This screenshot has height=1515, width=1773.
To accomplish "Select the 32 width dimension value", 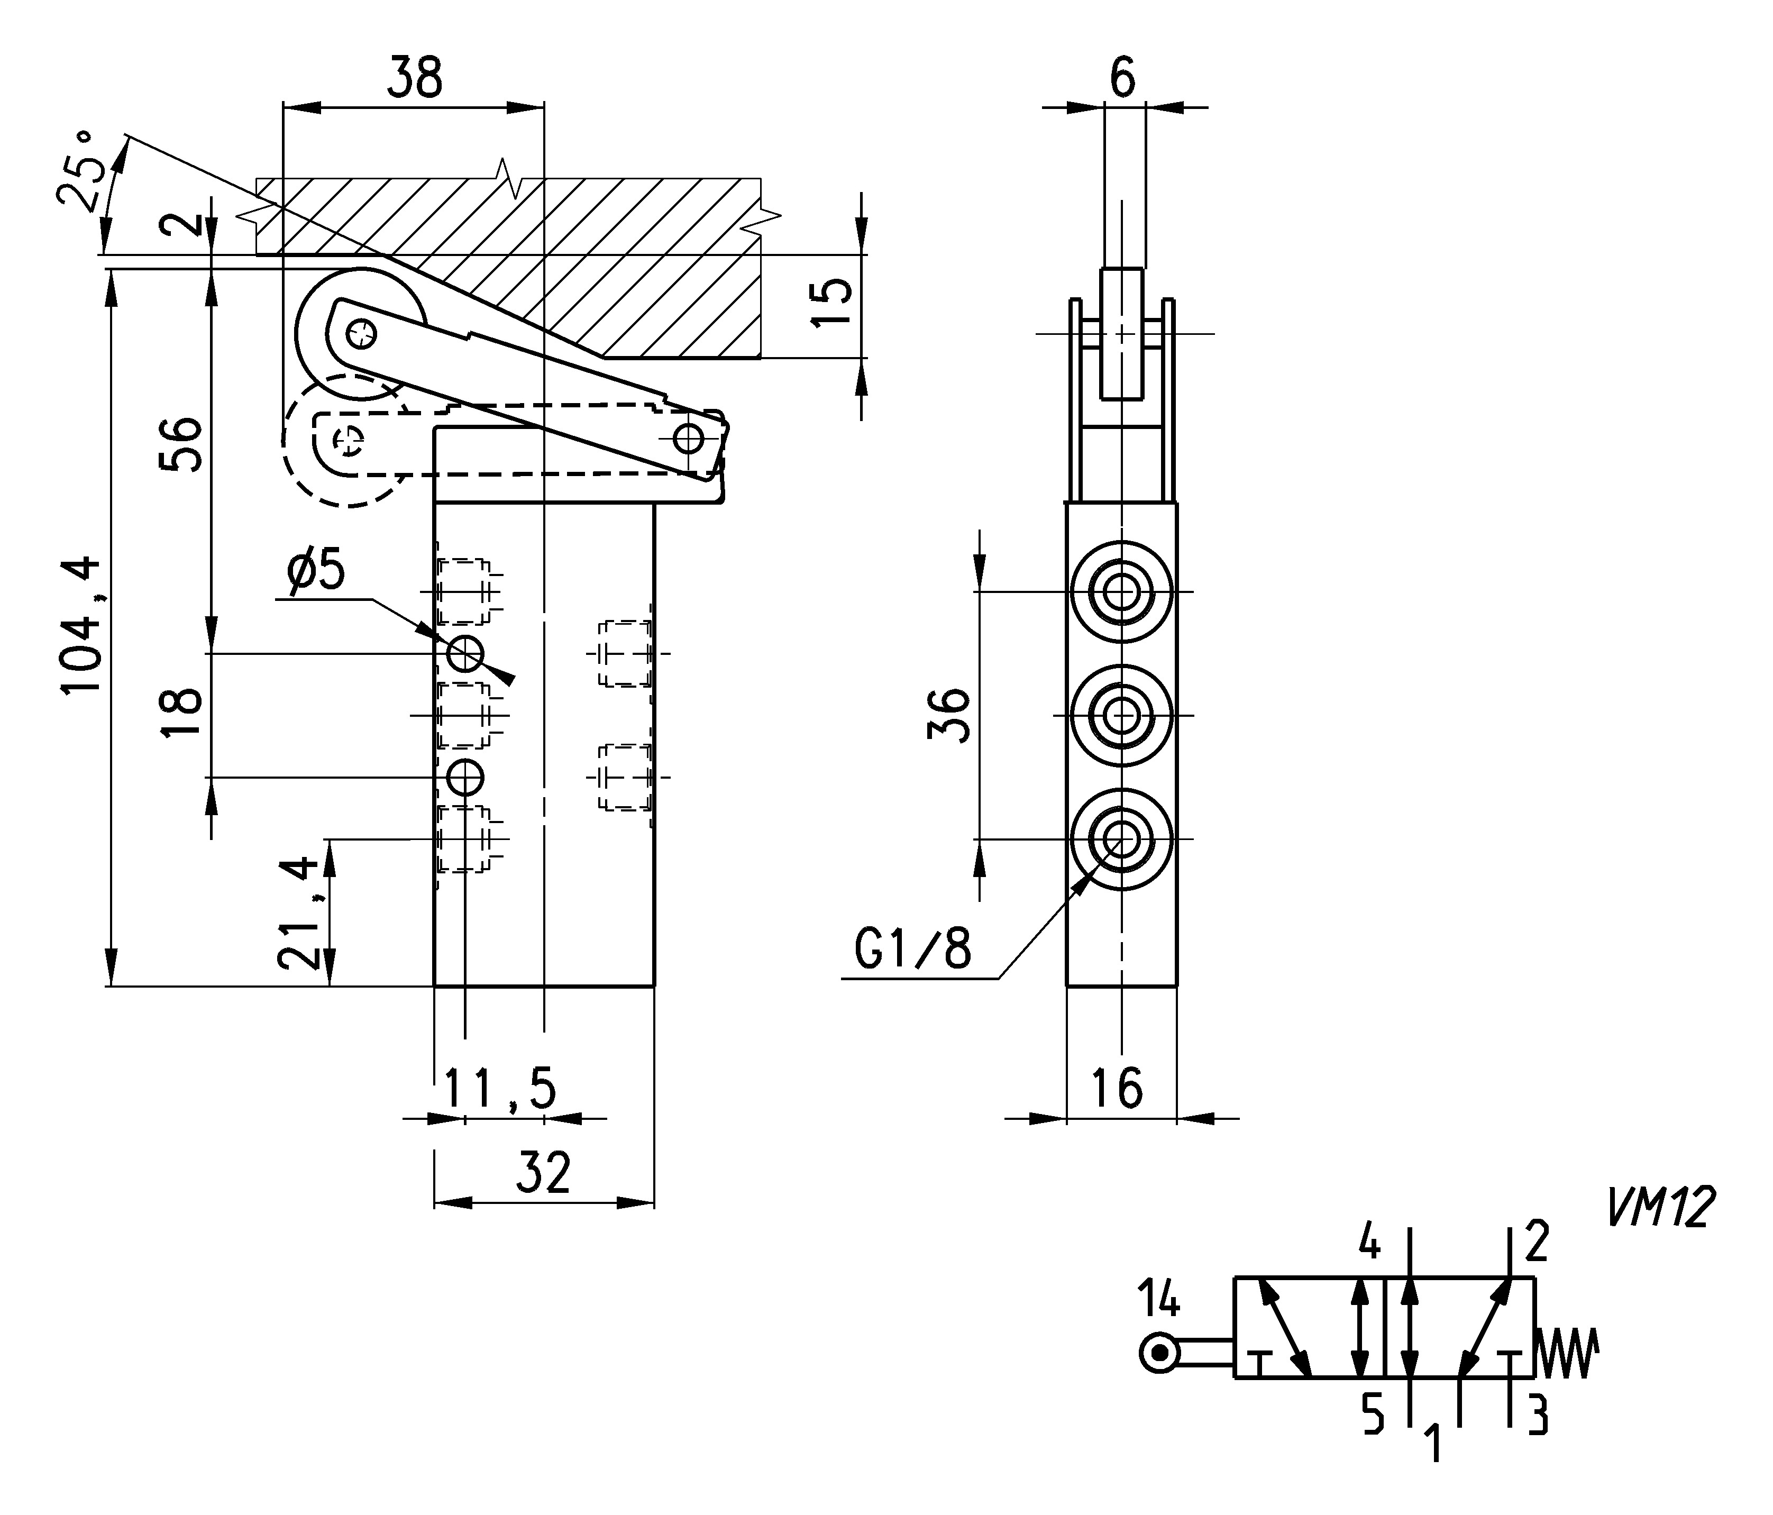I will click(543, 1173).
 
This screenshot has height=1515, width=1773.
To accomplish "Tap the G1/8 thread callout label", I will click(913, 949).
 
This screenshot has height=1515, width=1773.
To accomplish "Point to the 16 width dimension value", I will click(1118, 1089).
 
